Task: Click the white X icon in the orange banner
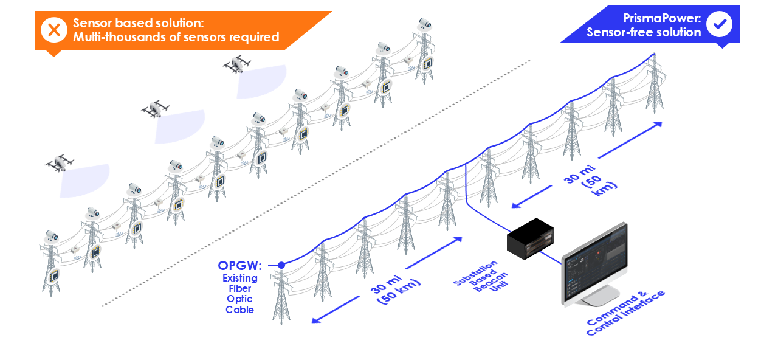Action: point(54,30)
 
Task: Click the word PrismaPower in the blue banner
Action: point(662,18)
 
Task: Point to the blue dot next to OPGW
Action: point(281,265)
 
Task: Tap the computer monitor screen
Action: point(594,263)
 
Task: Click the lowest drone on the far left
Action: point(60,164)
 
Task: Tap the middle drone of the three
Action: point(155,109)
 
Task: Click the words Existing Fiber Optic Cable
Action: point(239,294)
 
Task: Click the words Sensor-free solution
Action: point(644,33)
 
